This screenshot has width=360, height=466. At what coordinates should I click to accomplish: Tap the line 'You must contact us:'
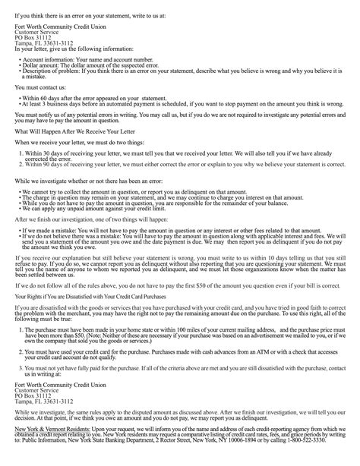[39, 87]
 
